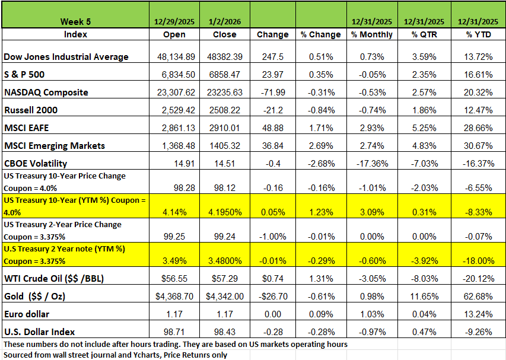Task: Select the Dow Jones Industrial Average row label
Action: click(x=66, y=57)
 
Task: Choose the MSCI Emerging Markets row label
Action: click(x=55, y=146)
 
